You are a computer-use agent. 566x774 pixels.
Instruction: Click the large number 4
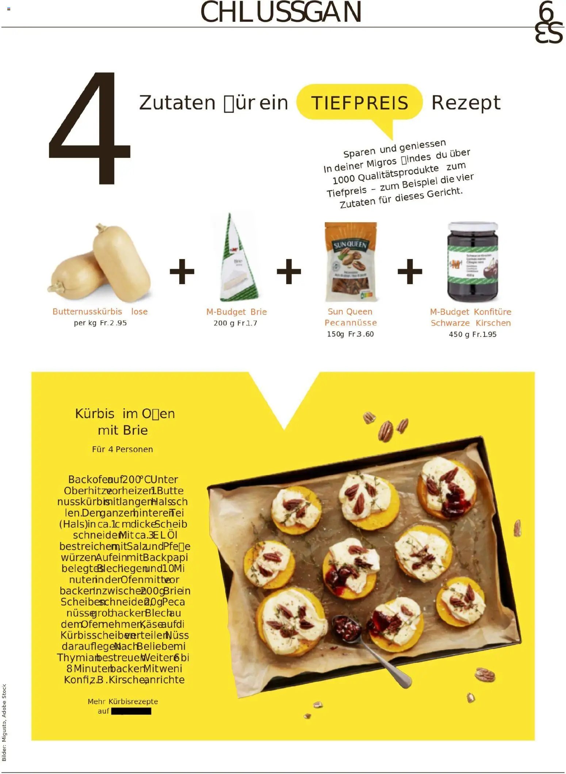pyautogui.click(x=89, y=128)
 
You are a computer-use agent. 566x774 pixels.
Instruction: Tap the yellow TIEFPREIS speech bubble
pyautogui.click(x=359, y=103)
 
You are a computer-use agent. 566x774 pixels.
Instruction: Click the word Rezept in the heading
pyautogui.click(x=466, y=103)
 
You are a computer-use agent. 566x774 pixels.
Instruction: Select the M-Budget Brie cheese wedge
pyautogui.click(x=238, y=259)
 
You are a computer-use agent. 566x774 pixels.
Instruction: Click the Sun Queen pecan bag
pyautogui.click(x=351, y=262)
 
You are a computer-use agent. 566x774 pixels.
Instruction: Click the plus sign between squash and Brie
pyautogui.click(x=182, y=271)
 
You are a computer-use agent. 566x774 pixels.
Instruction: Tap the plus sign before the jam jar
pyautogui.click(x=410, y=271)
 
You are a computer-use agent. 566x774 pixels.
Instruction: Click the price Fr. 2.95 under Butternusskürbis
pyautogui.click(x=113, y=323)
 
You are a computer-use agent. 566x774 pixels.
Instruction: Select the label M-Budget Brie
pyautogui.click(x=236, y=312)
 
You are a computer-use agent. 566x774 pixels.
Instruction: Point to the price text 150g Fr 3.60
pyautogui.click(x=350, y=334)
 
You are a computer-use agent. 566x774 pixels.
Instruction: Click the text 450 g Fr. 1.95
pyautogui.click(x=473, y=334)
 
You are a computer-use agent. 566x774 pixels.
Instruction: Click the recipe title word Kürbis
pyautogui.click(x=95, y=413)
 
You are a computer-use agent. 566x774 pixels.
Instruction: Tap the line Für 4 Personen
pyautogui.click(x=122, y=449)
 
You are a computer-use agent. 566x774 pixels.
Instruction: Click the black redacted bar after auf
pyautogui.click(x=131, y=711)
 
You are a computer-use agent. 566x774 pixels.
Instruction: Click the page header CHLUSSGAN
pyautogui.click(x=281, y=12)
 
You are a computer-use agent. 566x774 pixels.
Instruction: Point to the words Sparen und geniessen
pyautogui.click(x=394, y=148)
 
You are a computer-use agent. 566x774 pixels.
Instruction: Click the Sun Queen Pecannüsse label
pyautogui.click(x=350, y=317)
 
